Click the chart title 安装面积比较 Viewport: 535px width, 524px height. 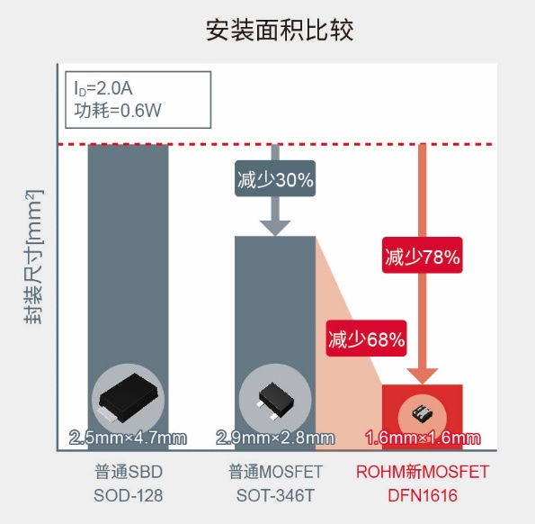click(x=280, y=31)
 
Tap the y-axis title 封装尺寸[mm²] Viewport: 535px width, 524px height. click(x=34, y=257)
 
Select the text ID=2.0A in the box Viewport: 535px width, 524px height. click(x=103, y=88)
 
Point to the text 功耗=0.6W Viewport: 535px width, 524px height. click(x=118, y=111)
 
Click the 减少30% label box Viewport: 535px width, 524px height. click(x=275, y=178)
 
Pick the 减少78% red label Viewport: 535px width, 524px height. click(x=422, y=255)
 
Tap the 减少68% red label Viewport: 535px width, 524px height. click(x=366, y=339)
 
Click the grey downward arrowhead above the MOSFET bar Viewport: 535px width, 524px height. click(x=275, y=228)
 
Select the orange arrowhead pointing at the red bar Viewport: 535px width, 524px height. click(x=422, y=376)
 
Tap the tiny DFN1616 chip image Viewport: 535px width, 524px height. click(x=422, y=413)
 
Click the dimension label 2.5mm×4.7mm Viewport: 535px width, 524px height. click(x=128, y=438)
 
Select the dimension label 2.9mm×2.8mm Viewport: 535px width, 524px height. click(x=275, y=438)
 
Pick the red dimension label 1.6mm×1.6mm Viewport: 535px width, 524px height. click(x=423, y=438)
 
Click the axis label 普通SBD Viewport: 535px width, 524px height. click(x=129, y=472)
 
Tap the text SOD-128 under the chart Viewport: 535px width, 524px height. click(x=129, y=495)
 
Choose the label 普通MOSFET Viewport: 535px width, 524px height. click(x=275, y=472)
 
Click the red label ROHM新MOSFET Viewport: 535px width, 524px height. click(x=423, y=472)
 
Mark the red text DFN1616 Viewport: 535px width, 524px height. click(x=423, y=495)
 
